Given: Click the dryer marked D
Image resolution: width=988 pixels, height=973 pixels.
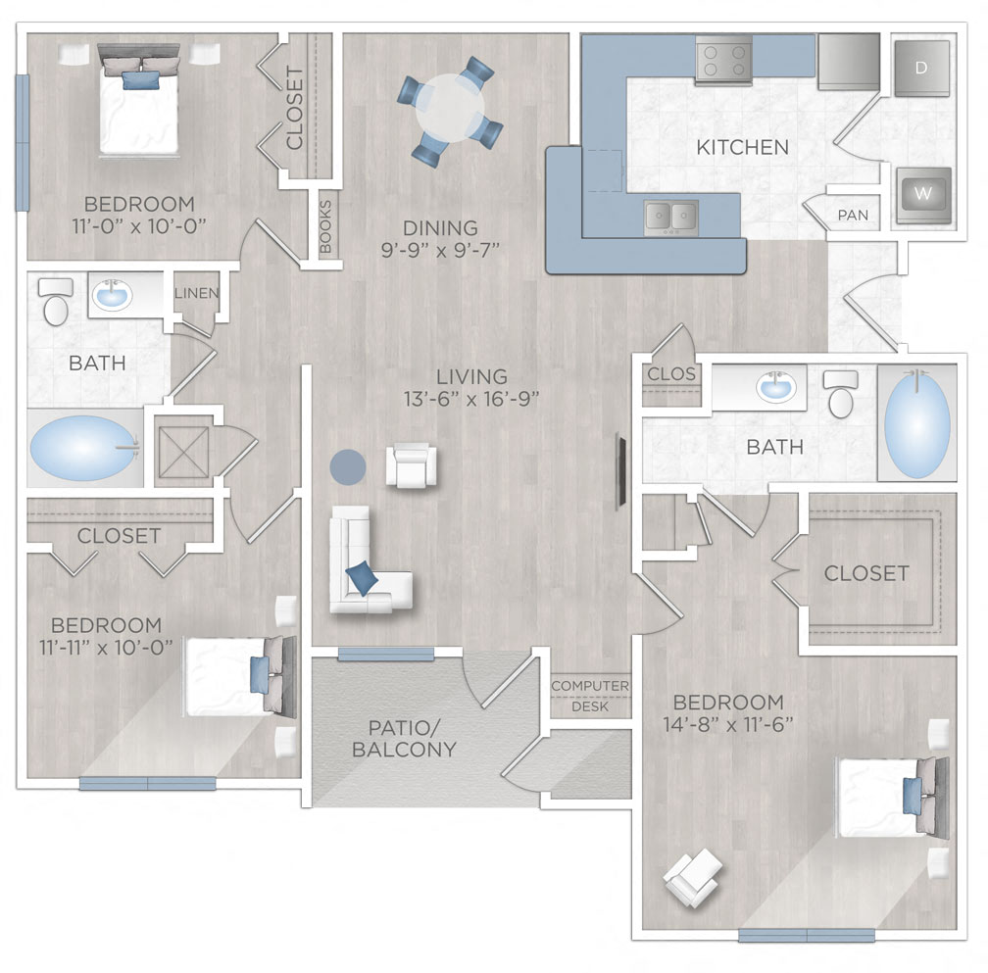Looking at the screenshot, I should (921, 68).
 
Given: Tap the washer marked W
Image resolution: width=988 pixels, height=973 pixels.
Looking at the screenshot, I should (922, 194).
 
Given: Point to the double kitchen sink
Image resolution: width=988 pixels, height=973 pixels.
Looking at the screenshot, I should (670, 217).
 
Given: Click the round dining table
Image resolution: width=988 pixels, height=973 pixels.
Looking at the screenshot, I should (450, 110).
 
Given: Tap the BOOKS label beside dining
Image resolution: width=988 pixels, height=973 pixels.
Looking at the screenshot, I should (326, 224).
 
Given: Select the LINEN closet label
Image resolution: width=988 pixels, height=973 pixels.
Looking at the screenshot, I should (197, 293).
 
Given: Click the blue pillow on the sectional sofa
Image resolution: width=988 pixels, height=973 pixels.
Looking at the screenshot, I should (361, 578).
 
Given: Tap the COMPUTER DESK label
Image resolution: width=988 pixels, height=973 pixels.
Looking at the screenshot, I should (589, 695).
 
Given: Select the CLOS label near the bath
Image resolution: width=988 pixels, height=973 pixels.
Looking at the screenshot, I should (671, 374).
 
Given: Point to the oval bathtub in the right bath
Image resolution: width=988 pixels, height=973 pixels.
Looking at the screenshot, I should (916, 422).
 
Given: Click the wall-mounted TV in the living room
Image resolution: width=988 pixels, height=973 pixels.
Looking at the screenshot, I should (619, 471).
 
